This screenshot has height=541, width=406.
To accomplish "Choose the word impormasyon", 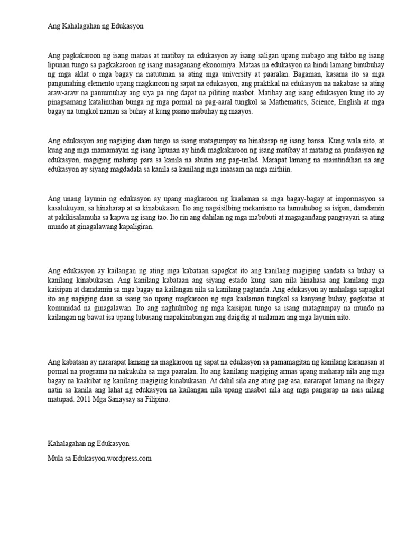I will (344, 198).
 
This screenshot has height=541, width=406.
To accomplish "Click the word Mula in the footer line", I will (56, 458).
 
